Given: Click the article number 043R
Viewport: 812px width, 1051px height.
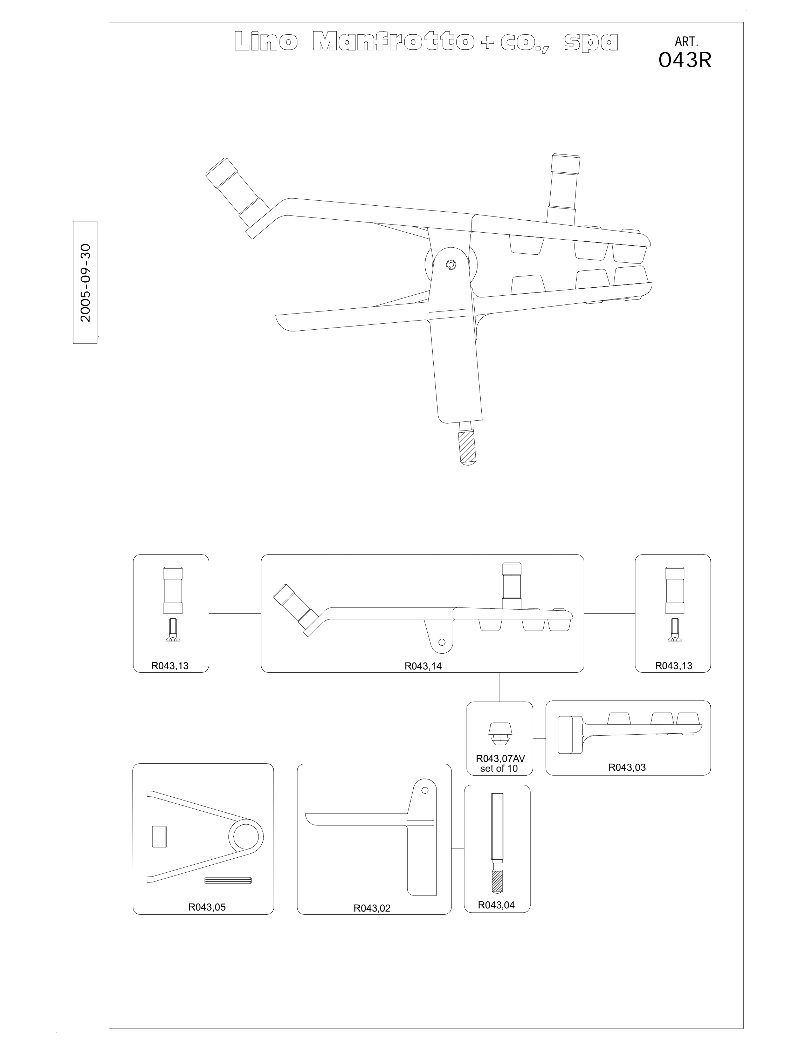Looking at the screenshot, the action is point(684,60).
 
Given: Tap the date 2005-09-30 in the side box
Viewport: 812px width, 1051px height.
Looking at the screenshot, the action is point(85,282).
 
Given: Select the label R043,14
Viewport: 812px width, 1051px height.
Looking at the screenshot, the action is point(423,666).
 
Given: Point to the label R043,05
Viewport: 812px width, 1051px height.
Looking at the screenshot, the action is point(207,907).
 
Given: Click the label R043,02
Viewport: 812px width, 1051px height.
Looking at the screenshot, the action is point(372,908).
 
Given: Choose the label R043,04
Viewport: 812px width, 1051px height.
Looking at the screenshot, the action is point(496,905).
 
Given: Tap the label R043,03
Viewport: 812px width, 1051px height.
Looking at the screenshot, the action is point(627,768).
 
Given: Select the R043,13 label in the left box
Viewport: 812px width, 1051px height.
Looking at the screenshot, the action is point(170,666).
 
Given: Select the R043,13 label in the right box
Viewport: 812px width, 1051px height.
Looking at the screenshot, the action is point(674,666).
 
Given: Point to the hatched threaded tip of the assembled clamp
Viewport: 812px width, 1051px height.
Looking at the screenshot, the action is point(467,447).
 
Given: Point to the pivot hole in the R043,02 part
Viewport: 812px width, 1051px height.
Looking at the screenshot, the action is point(425,790).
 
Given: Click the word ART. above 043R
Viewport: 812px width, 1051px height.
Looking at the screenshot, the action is point(686,42).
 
